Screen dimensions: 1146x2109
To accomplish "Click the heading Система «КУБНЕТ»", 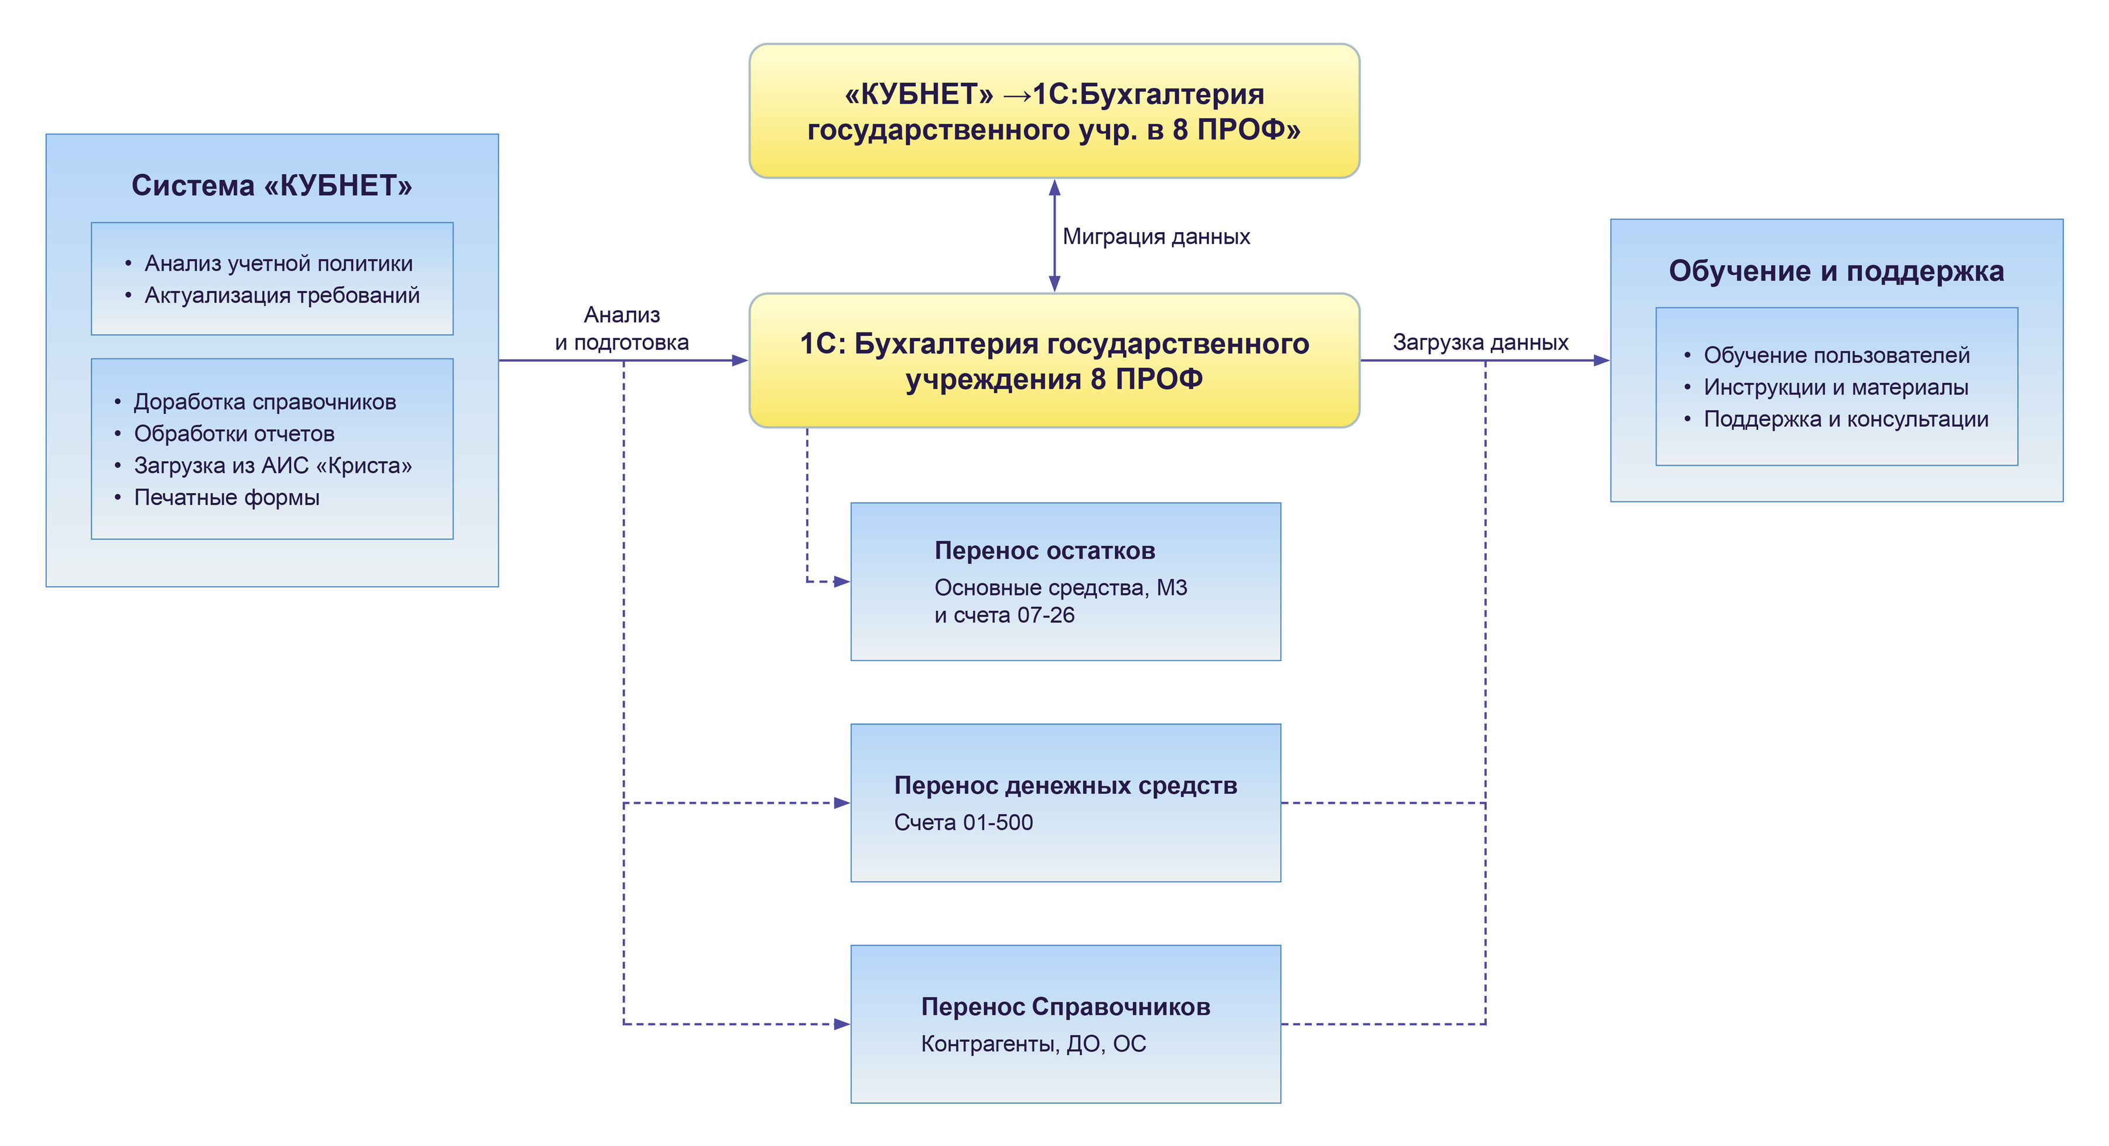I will coord(272,186).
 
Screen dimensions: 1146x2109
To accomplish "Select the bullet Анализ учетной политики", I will coord(278,264).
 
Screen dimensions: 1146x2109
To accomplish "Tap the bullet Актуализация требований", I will coord(282,295).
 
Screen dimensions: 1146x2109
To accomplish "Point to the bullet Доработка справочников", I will coord(264,402).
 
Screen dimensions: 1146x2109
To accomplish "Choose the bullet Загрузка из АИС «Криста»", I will coord(272,465).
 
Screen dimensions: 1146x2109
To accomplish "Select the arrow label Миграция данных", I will coord(1155,237).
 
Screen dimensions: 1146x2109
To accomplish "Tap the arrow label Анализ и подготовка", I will coord(622,328).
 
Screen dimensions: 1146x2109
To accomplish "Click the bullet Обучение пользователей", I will coord(1837,355).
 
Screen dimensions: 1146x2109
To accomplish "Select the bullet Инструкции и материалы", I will coord(1835,387).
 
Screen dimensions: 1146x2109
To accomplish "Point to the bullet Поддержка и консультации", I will coord(1845,419).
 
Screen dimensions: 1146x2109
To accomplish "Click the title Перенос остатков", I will coord(1045,550).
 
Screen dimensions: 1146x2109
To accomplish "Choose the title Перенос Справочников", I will coord(1065,1006).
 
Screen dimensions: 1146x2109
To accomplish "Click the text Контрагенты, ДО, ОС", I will coord(1033,1043).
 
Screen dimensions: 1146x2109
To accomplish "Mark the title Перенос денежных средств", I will coord(1065,785).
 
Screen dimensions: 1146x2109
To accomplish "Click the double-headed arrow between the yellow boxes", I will coord(1054,236).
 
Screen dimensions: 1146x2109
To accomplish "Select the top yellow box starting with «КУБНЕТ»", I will coord(1054,111).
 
